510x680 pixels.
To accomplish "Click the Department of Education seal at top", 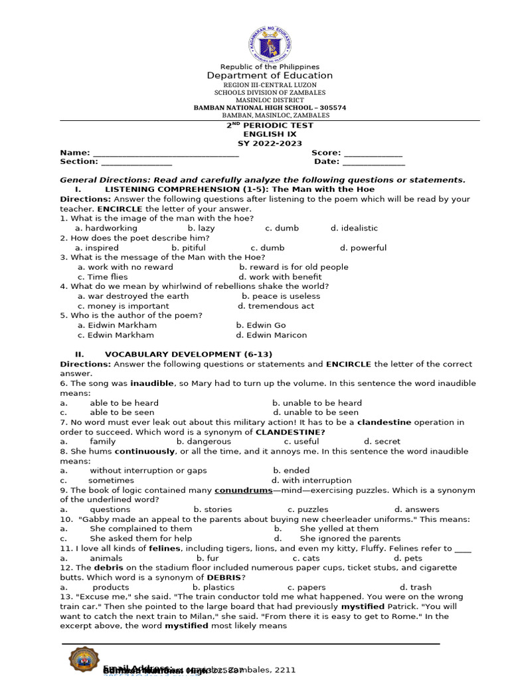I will (x=270, y=42).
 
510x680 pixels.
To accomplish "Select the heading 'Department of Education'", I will (x=270, y=76).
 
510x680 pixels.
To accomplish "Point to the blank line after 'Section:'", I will (x=136, y=163).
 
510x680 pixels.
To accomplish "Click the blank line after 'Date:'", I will (x=373, y=163).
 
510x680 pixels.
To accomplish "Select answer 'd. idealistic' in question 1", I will (x=354, y=228).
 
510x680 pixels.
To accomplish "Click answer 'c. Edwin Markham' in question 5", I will (x=116, y=335).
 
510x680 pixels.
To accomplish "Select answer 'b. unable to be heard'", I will (x=317, y=403).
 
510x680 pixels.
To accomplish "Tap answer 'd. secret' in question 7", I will (x=382, y=442).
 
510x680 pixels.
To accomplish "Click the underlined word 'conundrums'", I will (x=243, y=491).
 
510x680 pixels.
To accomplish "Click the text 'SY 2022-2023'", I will (x=270, y=143).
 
